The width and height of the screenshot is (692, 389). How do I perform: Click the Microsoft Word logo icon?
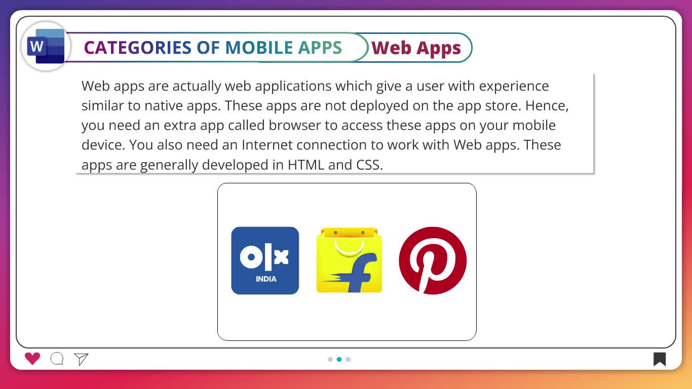[x=46, y=47]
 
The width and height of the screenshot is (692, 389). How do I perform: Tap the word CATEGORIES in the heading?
[x=138, y=48]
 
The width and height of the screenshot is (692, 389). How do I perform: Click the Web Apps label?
[x=416, y=48]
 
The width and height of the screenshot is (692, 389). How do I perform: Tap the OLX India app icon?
[x=265, y=260]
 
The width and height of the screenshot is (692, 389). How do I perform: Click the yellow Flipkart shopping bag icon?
[x=349, y=260]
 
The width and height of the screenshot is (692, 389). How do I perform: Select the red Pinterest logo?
[x=433, y=260]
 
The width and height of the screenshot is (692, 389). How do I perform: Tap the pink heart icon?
[x=32, y=359]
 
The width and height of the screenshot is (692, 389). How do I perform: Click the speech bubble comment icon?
[x=57, y=359]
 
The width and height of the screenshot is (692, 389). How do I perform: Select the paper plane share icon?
[x=81, y=359]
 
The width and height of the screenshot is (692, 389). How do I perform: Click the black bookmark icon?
[x=660, y=359]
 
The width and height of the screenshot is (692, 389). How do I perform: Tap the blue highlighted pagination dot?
[x=339, y=359]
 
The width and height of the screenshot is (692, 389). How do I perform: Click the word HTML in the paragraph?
[x=306, y=165]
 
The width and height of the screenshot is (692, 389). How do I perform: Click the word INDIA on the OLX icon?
[x=266, y=279]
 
